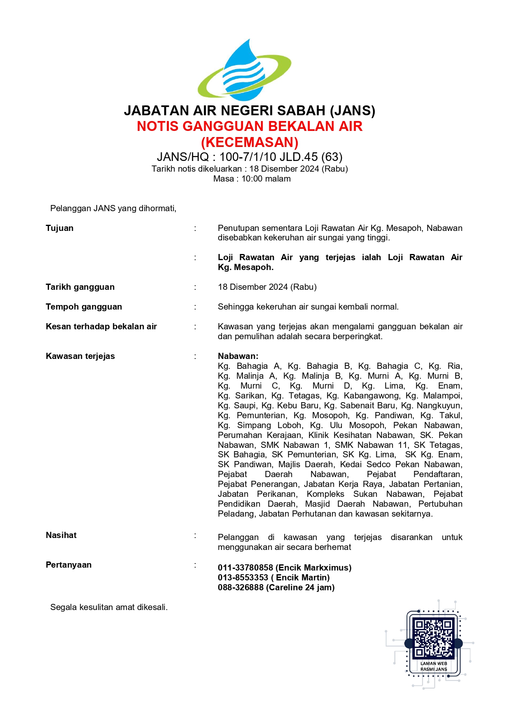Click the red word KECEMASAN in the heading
(x=250, y=142)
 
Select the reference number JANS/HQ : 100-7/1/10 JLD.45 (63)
(x=250, y=157)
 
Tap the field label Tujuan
(x=60, y=228)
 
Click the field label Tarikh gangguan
(x=80, y=287)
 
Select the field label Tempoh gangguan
(x=84, y=307)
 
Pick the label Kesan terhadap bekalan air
(x=101, y=326)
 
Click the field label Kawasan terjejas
(x=80, y=356)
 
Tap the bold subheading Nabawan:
(x=238, y=356)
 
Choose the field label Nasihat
(x=61, y=535)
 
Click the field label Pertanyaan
(x=69, y=565)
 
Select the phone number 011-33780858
(x=245, y=568)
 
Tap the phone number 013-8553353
(x=243, y=578)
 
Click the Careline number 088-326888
(x=240, y=587)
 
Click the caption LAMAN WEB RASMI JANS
(x=434, y=666)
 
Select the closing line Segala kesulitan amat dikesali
(x=109, y=607)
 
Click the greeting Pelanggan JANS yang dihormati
(x=113, y=208)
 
